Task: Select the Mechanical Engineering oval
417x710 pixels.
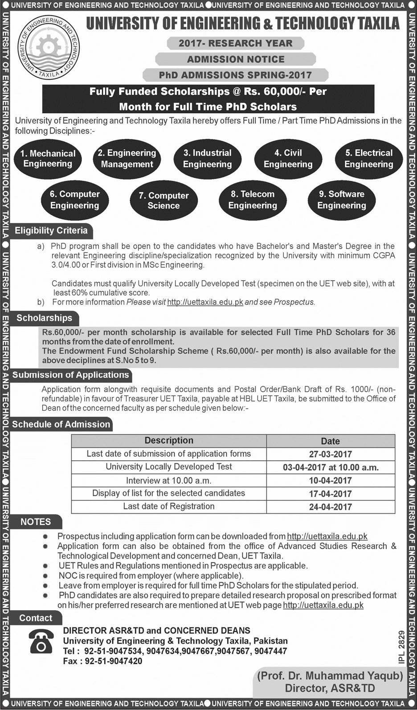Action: click(x=48, y=159)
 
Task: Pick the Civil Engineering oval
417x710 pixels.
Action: click(x=288, y=159)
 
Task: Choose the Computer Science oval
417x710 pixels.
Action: click(x=164, y=201)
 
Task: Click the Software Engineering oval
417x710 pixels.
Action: click(x=341, y=200)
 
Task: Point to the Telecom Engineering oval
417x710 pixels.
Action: click(x=253, y=200)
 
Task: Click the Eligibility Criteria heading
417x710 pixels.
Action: click(x=51, y=231)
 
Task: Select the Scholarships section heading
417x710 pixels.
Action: click(x=44, y=318)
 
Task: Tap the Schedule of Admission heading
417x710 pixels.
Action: click(x=61, y=424)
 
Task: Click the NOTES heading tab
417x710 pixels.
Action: click(x=36, y=522)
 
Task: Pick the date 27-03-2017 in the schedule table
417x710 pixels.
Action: click(x=330, y=454)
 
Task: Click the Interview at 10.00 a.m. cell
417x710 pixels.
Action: click(x=168, y=480)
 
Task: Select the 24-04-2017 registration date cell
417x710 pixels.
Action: click(x=330, y=507)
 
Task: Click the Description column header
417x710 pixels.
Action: click(x=169, y=441)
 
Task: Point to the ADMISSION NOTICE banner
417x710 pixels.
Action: click(x=235, y=59)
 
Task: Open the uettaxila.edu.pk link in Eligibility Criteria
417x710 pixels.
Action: click(x=205, y=302)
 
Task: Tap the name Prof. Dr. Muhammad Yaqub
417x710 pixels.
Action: click(x=330, y=676)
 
